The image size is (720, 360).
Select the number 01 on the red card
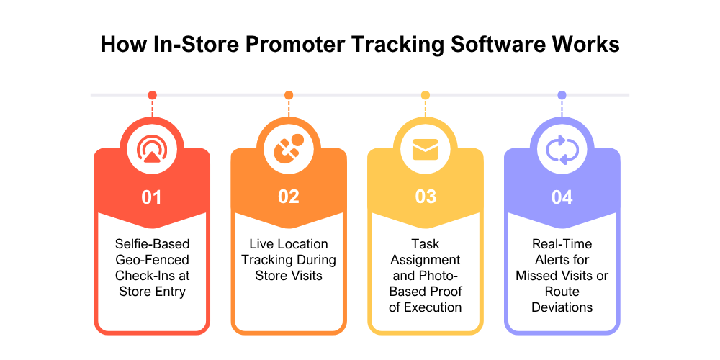(x=151, y=197)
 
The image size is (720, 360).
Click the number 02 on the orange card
(x=288, y=197)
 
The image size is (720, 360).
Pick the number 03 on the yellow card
(x=425, y=197)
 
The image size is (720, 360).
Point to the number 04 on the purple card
(x=562, y=197)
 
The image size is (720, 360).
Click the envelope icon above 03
(x=425, y=150)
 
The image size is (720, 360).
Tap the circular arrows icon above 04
(x=562, y=150)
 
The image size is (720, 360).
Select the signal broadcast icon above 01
(x=151, y=150)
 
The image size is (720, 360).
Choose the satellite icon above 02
(x=288, y=150)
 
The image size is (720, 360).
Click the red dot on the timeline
(x=152, y=95)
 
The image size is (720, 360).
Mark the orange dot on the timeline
(x=289, y=95)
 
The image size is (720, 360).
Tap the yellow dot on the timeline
(x=426, y=95)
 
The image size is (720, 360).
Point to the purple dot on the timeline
(x=562, y=95)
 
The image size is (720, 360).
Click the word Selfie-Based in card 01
(x=152, y=244)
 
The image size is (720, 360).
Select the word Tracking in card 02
(x=266, y=260)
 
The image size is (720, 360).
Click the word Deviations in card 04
(x=562, y=307)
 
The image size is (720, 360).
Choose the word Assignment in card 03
(x=426, y=260)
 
